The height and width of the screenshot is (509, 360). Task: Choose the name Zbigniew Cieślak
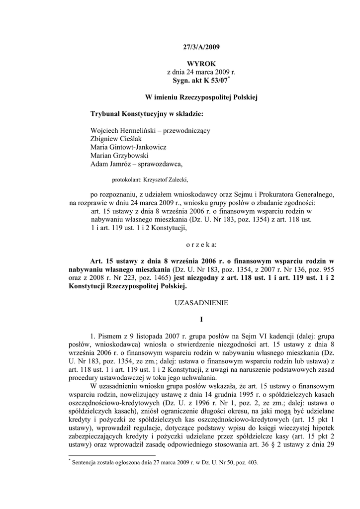pyautogui.click(x=116, y=139)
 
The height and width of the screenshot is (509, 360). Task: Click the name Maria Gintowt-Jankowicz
pyautogui.click(x=128, y=148)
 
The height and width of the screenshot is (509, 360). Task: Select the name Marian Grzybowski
pyautogui.click(x=120, y=156)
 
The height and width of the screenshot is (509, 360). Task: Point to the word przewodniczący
pyautogui.click(x=185, y=131)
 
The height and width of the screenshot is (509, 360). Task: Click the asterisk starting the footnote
pyautogui.click(x=70, y=460)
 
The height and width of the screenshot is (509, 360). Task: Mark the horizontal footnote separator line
pyautogui.click(x=112, y=455)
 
